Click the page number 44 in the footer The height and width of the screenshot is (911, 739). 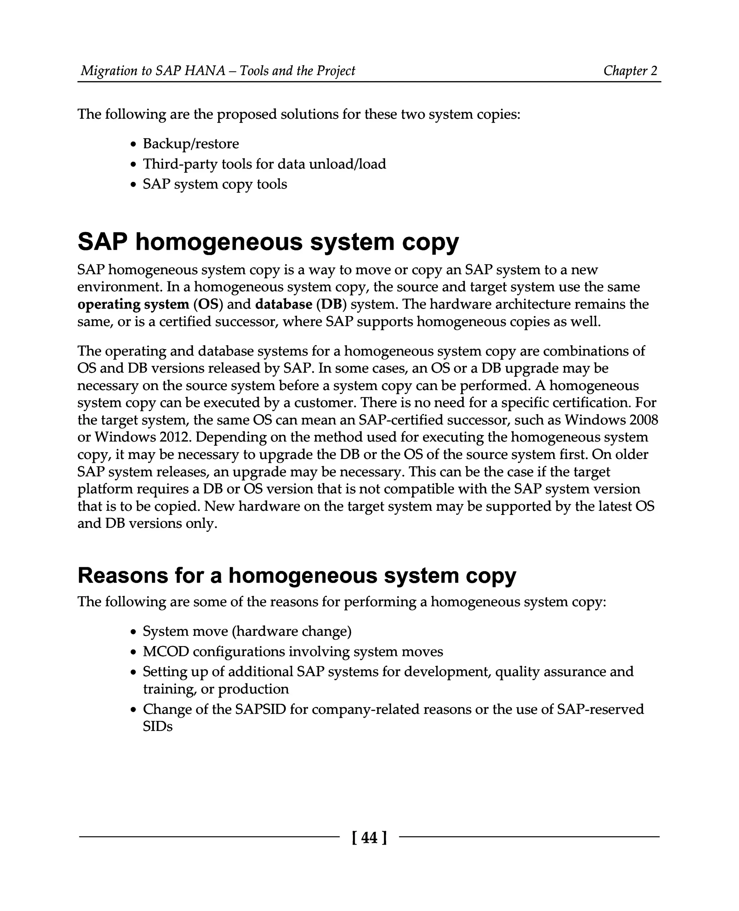(x=369, y=838)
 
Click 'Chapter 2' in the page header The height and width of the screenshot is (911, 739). (x=630, y=71)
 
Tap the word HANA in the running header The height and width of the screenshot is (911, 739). (x=204, y=71)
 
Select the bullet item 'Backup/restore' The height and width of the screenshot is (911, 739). (x=191, y=144)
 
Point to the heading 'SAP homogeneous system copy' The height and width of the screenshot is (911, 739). (x=268, y=242)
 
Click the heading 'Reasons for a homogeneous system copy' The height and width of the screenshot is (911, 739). (x=297, y=575)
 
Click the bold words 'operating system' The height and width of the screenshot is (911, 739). (x=133, y=305)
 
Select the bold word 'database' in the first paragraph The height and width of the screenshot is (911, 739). (x=284, y=305)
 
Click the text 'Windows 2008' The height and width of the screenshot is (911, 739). (x=611, y=420)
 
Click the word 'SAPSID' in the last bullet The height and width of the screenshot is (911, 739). (x=260, y=709)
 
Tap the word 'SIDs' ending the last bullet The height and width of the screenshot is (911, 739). (x=157, y=726)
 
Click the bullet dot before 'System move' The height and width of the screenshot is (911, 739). (x=134, y=632)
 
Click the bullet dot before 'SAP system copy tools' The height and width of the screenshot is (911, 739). (x=134, y=185)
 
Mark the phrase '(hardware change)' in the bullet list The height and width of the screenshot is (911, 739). (x=292, y=631)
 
